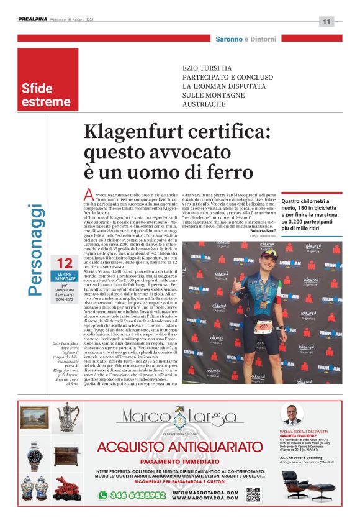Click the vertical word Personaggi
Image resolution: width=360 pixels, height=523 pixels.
(37, 249)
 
